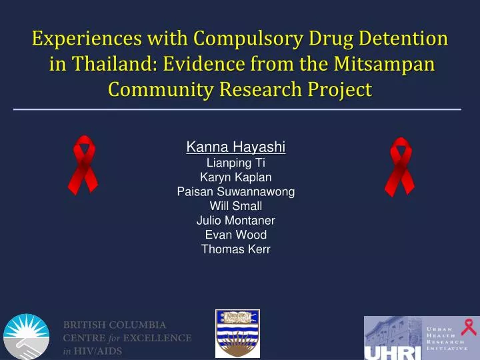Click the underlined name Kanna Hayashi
[236, 147]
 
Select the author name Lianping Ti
[236, 162]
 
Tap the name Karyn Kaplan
[236, 177]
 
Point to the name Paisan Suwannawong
[236, 191]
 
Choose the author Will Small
[236, 206]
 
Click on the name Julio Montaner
[236, 220]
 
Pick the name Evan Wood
[236, 235]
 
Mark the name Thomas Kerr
[236, 249]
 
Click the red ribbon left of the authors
[85, 165]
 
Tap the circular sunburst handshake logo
[27, 337]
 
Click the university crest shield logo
[237, 333]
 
